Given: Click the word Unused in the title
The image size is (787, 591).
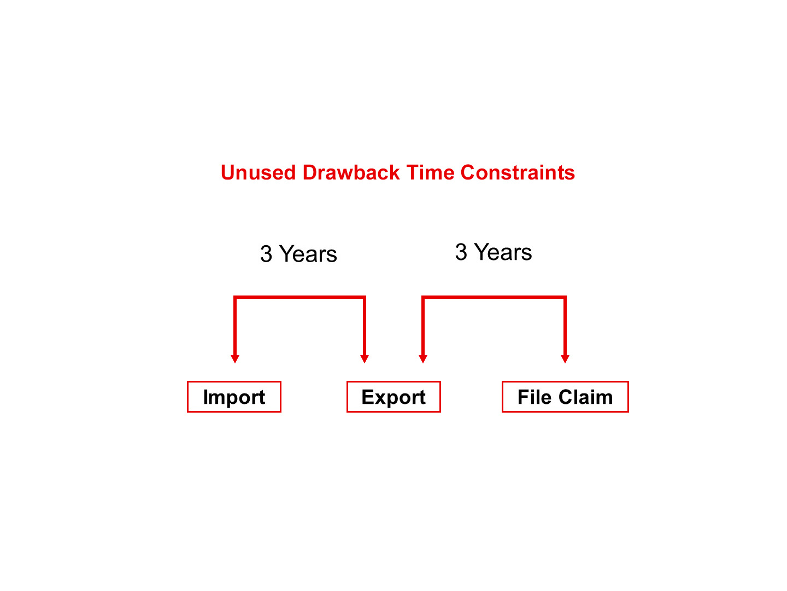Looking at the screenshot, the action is click(258, 172).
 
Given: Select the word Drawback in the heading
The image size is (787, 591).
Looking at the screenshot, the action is click(351, 172).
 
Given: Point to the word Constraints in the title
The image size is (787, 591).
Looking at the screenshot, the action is click(518, 172).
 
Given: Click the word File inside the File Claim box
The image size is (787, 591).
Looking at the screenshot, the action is click(534, 397).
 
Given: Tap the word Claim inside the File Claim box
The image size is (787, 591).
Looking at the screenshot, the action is click(585, 397).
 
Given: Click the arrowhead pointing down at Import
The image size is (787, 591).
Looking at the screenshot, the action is click(235, 359).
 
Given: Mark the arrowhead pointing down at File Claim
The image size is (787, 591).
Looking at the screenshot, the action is click(565, 359).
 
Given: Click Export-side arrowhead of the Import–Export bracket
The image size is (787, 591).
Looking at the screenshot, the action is click(365, 359).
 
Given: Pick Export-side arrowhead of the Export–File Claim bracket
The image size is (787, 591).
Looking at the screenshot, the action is click(422, 359).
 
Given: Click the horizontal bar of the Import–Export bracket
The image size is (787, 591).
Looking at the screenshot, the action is click(299, 297).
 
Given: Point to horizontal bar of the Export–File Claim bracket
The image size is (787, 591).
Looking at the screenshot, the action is click(494, 297).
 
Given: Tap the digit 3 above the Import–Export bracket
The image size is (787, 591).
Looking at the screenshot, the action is click(266, 254).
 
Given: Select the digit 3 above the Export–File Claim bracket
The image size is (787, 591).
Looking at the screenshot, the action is click(461, 252).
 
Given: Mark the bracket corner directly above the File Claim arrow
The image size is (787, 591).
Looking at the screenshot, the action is click(565, 297).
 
